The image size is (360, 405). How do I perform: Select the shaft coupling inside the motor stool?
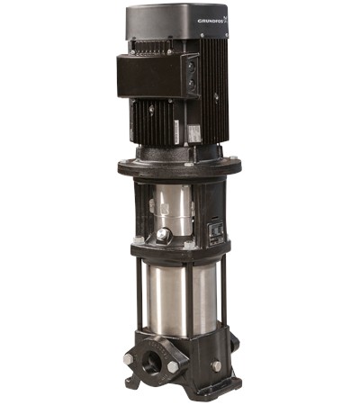pyautogui.click(x=168, y=207)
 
